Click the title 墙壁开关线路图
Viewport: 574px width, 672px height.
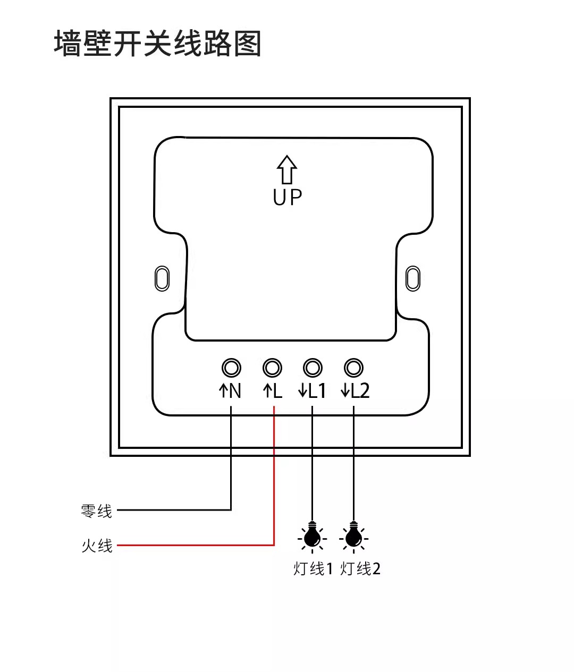click(158, 44)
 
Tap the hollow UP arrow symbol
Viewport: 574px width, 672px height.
click(287, 169)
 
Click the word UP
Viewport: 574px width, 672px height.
click(287, 197)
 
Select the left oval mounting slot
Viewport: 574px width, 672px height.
click(162, 278)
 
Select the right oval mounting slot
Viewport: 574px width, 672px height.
click(412, 278)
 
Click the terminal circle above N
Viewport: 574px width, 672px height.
click(231, 368)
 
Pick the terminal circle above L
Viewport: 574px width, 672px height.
click(272, 368)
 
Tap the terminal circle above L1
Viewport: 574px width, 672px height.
click(313, 368)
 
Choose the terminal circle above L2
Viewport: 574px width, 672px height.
click(353, 368)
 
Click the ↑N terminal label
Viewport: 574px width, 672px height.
click(230, 391)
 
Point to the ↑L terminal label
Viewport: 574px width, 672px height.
click(272, 391)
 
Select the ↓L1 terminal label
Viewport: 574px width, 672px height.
click(312, 391)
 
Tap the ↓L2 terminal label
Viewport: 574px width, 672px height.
click(355, 391)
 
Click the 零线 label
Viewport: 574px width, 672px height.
click(97, 511)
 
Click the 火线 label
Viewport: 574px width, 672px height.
click(97, 546)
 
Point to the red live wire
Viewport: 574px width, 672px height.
click(274, 478)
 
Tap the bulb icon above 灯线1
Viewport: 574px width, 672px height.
click(312, 538)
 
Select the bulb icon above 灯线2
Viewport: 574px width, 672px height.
click(353, 538)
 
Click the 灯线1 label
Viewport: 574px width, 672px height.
click(313, 569)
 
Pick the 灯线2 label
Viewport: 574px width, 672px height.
click(360, 569)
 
